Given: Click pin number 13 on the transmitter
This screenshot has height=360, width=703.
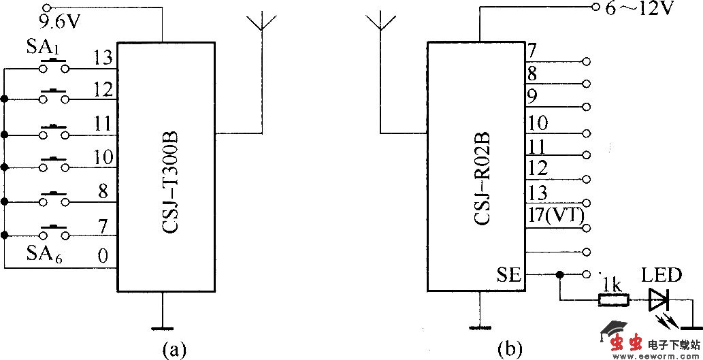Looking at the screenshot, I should coord(103,59).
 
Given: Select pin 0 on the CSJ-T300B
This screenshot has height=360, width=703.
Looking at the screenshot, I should coord(103,257).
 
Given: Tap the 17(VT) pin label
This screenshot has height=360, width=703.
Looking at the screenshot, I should coord(556,216).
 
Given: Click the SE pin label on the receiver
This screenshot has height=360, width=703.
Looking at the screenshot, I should coord(508,275).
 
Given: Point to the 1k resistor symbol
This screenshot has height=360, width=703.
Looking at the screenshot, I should coord(612,299).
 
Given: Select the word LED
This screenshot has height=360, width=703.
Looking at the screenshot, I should coord(661,276).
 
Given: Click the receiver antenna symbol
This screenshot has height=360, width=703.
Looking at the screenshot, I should coord(382,24).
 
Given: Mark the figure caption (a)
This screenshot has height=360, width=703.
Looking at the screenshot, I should coord(174,349).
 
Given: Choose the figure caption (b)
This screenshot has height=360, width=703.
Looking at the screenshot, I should coord(510,349).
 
